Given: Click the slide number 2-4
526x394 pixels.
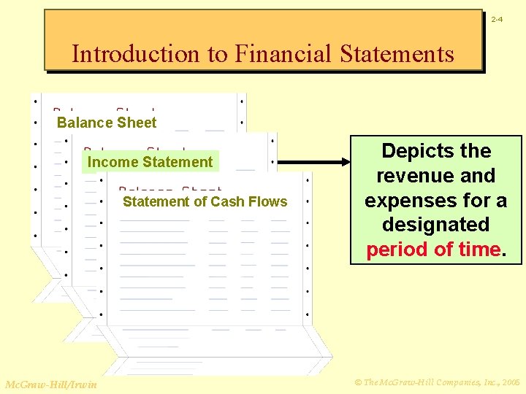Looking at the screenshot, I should tap(496, 19).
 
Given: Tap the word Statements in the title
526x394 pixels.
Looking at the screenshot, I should tap(395, 53).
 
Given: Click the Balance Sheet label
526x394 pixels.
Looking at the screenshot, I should tap(107, 123).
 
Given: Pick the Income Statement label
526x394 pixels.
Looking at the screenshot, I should tap(150, 162).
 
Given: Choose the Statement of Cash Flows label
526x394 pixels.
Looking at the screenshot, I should tap(205, 201).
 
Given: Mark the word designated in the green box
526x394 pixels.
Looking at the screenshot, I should tap(435, 225).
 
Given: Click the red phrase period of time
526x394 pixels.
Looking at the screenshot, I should tap(433, 250).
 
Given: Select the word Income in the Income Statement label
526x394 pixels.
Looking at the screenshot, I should tap(109, 162).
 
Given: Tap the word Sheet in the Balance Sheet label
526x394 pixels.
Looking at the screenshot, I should tap(138, 123).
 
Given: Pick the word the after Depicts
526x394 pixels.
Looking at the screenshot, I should tap(476, 151).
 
